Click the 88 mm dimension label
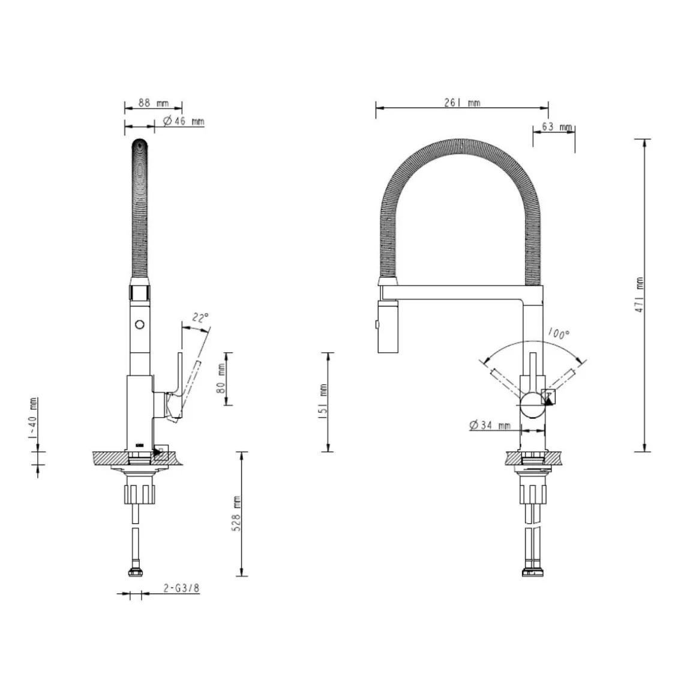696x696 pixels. coord(154,103)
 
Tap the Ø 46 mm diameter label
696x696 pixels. coord(184,121)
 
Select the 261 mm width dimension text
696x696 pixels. coord(462,103)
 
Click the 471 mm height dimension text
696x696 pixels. coord(640,295)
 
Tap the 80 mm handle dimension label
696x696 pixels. coord(221,379)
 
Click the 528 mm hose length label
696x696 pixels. coord(236,514)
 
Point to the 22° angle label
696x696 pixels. coord(200,318)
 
